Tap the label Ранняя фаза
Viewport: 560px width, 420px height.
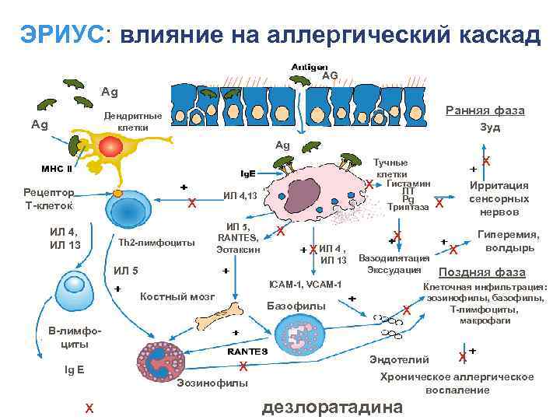pyautogui.click(x=485, y=110)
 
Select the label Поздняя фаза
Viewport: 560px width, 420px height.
pyautogui.click(x=482, y=272)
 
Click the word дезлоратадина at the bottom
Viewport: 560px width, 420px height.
pyautogui.click(x=334, y=407)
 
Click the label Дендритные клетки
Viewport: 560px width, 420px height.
pyautogui.click(x=133, y=121)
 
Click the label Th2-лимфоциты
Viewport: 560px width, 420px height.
pyautogui.click(x=156, y=243)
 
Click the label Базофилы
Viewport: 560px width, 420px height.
pyautogui.click(x=296, y=306)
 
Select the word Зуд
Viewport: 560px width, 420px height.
pyautogui.click(x=490, y=127)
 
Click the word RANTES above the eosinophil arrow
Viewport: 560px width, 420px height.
pyautogui.click(x=247, y=351)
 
